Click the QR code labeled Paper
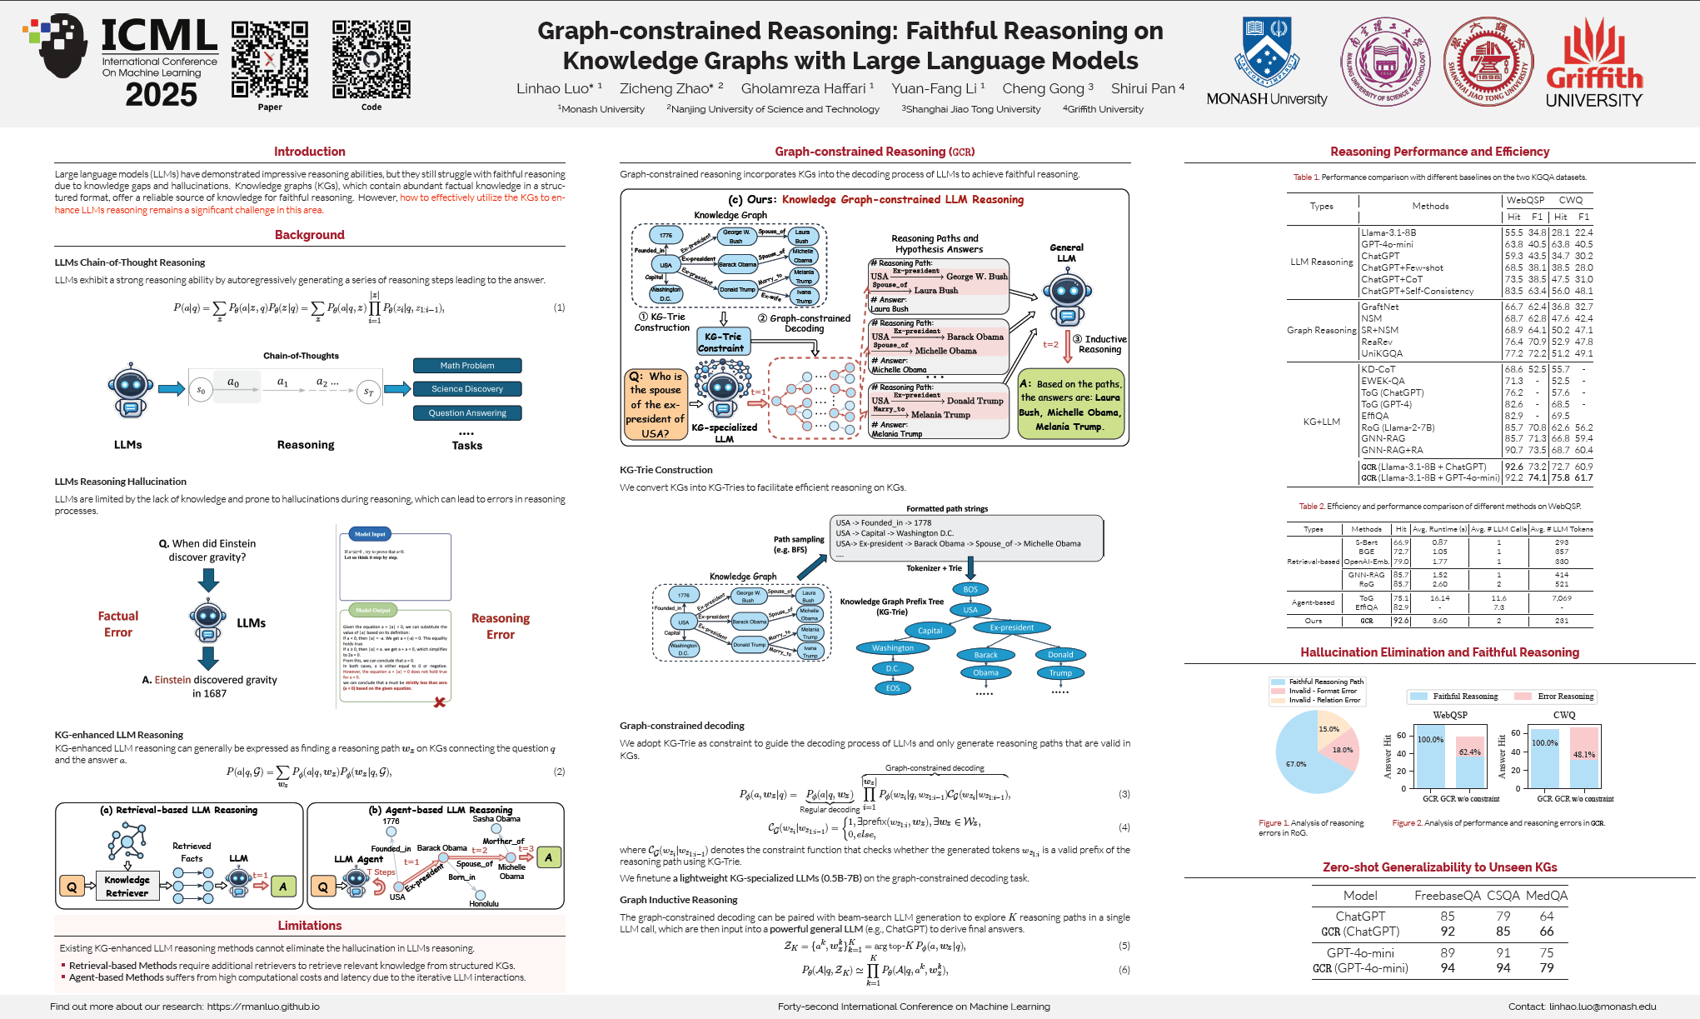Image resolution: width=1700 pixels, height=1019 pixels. [269, 59]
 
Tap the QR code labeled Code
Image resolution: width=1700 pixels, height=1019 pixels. [371, 59]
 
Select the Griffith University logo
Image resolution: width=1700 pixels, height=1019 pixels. [1594, 63]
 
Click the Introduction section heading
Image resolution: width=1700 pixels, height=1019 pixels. [309, 152]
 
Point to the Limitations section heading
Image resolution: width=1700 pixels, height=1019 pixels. [309, 926]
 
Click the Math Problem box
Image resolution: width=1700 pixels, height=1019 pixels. [467, 366]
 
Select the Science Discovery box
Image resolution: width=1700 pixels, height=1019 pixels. [467, 389]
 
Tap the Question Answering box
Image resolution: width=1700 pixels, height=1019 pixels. [467, 413]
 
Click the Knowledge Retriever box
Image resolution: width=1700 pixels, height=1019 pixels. [127, 887]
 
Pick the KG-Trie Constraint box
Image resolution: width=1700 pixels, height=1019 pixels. [722, 342]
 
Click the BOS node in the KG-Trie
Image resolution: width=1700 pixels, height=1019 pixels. [970, 589]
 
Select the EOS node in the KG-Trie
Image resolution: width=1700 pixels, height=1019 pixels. [893, 688]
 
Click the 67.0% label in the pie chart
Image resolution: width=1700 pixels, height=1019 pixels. [1296, 764]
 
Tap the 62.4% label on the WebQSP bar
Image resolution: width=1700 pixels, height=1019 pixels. [1469, 752]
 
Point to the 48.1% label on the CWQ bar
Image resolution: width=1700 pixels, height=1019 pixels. [1583, 755]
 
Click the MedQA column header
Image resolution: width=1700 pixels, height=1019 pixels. [1547, 896]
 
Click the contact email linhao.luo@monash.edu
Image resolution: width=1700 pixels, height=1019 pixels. [1603, 1007]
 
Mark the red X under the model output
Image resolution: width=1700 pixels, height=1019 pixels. [440, 702]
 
